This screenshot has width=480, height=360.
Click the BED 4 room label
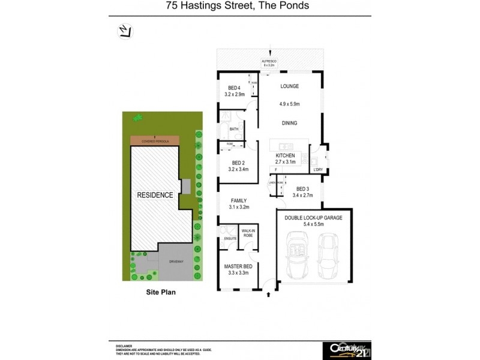click(x=234, y=91)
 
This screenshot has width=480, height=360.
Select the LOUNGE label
click(x=290, y=86)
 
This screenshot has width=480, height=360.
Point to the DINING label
click(x=290, y=123)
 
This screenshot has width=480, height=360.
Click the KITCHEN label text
click(x=285, y=155)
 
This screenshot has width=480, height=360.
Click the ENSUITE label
click(x=229, y=239)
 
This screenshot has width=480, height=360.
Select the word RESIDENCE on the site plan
click(x=155, y=195)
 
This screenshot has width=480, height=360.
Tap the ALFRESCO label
click(x=270, y=61)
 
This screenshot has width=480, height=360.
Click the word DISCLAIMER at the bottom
click(x=124, y=346)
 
